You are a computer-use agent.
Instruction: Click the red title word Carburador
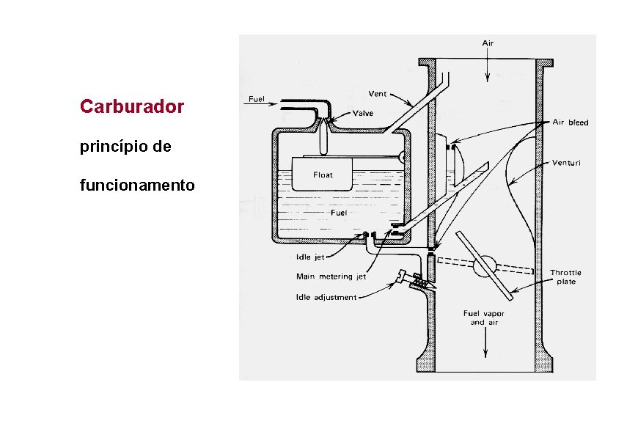coord(132,107)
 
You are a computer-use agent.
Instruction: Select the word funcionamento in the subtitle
coord(137,185)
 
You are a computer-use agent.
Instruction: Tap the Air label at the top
coord(488,43)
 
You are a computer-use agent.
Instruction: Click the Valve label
coord(362,114)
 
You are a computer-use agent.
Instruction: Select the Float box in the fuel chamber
coord(323,175)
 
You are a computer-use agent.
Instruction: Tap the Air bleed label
coord(570,122)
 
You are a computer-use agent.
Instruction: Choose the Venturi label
coord(566,163)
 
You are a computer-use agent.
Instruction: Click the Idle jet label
coord(309,257)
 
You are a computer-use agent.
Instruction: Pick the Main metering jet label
coord(330,277)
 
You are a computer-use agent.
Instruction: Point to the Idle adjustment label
coord(326,297)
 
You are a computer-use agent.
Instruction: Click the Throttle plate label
coord(565,277)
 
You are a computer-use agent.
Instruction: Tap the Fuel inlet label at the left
coord(257,98)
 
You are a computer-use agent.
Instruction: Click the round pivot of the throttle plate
coord(483,266)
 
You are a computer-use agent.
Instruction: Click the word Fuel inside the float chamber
coord(338,213)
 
